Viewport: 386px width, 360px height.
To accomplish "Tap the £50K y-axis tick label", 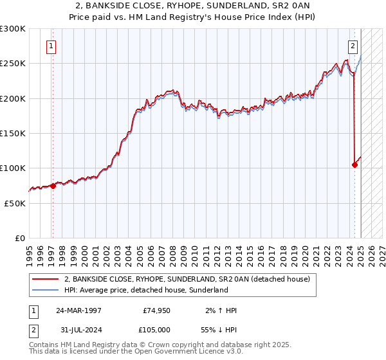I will pos(14,203).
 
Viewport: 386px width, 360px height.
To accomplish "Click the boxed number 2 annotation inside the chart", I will pos(353,46).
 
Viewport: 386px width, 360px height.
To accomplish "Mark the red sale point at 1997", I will pos(53,186).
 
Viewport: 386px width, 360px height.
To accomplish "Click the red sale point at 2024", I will pos(354,165).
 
